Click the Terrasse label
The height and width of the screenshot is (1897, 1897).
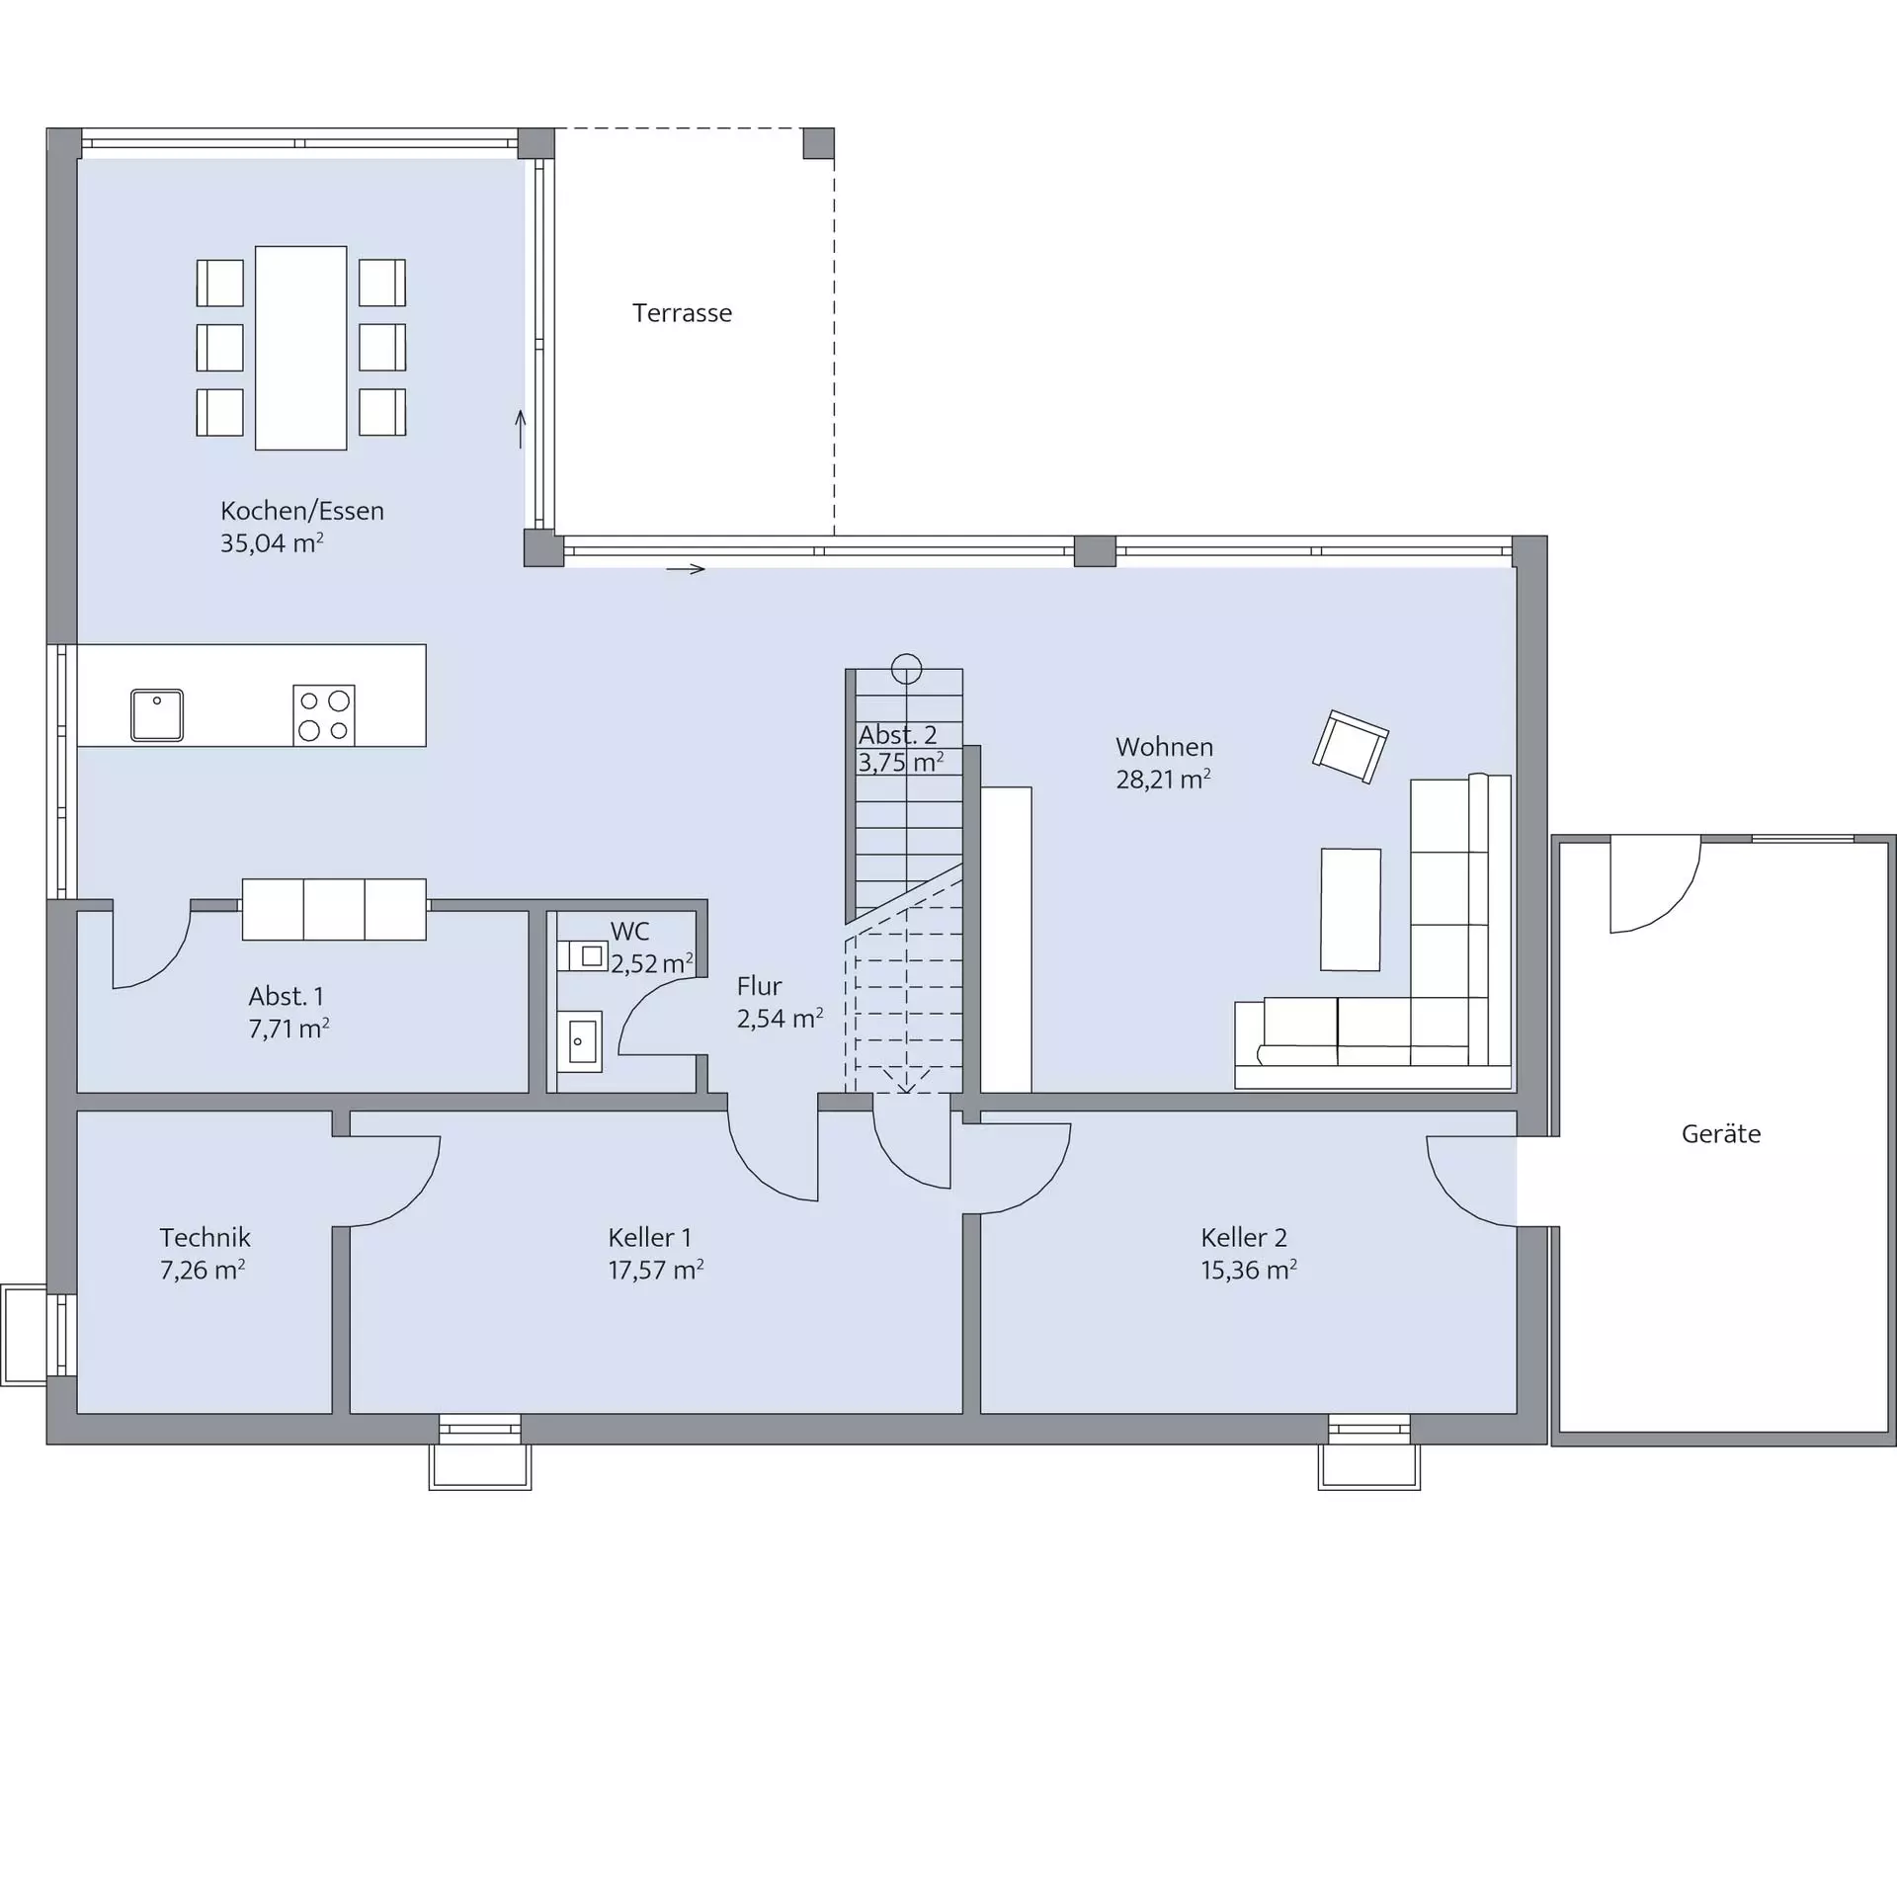[x=682, y=313]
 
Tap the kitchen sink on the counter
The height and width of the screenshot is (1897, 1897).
[x=157, y=714]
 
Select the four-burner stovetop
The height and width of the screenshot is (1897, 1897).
[x=324, y=714]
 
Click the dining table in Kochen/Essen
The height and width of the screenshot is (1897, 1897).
[x=301, y=348]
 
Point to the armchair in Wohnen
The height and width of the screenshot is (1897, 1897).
[x=1351, y=746]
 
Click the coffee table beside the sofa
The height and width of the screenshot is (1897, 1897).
[x=1351, y=909]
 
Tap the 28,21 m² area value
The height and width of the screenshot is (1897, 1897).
[x=1164, y=780]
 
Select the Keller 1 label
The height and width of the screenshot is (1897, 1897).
[x=649, y=1237]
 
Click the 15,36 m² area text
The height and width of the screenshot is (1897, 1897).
[x=1248, y=1270]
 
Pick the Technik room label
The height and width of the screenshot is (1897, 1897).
[x=205, y=1237]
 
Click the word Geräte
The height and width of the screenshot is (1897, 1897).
[x=1721, y=1133]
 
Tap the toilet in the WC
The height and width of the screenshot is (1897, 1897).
[x=583, y=955]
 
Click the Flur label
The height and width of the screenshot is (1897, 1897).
[x=759, y=986]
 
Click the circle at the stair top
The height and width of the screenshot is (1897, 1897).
[x=906, y=669]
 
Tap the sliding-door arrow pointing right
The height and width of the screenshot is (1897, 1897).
[x=686, y=569]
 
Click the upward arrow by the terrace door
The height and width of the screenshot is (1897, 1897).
[x=521, y=429]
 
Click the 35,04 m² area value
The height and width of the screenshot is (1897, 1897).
[x=272, y=542]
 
